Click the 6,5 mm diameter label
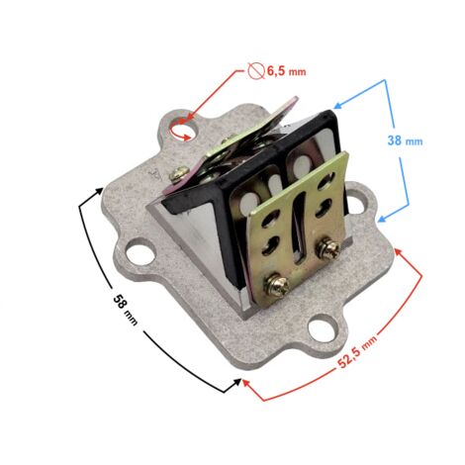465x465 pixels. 286,71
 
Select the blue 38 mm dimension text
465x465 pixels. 405,140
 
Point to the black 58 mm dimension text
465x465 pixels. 125,310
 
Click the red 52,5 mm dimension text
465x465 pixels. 357,351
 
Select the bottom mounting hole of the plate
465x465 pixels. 322,328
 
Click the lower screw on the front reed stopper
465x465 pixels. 278,284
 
